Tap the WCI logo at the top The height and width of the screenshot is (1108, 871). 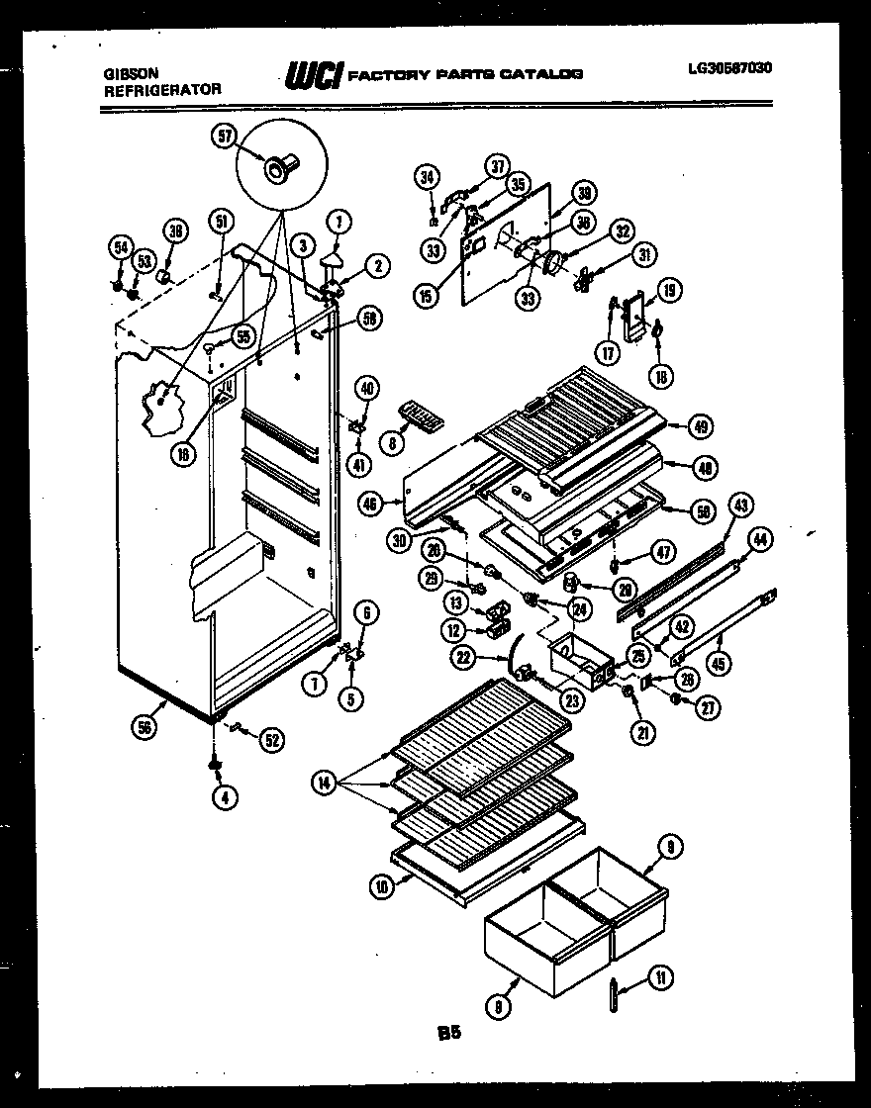[x=313, y=74]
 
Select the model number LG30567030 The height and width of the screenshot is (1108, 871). [x=730, y=68]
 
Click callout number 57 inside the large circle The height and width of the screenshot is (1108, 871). [x=225, y=138]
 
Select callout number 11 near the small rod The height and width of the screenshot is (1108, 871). [x=660, y=977]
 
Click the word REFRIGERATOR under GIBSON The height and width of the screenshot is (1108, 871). [x=161, y=90]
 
